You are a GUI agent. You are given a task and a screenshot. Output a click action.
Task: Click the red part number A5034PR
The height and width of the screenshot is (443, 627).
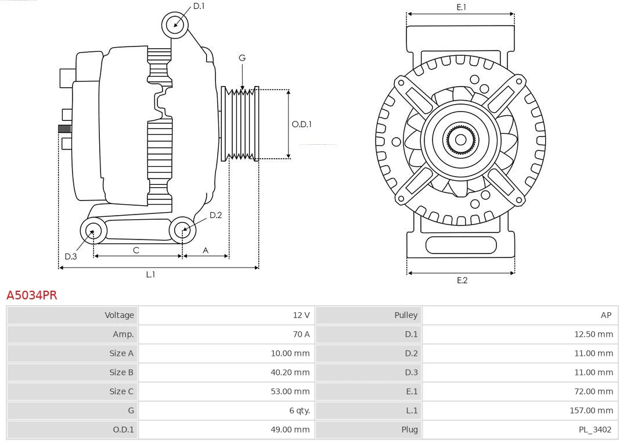click(x=32, y=295)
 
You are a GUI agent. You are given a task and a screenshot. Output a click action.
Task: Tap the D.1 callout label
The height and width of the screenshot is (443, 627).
click(x=199, y=6)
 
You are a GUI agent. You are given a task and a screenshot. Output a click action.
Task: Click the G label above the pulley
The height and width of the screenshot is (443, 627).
click(x=242, y=58)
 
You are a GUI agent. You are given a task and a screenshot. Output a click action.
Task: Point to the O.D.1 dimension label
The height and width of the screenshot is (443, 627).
click(x=301, y=124)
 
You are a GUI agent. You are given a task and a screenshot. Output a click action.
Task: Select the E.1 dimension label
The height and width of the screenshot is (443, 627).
click(x=461, y=7)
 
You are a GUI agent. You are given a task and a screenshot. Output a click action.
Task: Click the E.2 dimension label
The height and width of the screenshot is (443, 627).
click(x=462, y=280)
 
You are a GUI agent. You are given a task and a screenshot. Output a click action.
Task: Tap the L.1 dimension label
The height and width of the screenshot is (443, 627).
click(x=150, y=274)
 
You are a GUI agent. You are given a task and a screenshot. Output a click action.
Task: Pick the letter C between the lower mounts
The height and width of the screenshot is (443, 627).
click(x=136, y=250)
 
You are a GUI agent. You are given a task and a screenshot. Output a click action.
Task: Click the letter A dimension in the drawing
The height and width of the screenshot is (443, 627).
click(x=206, y=250)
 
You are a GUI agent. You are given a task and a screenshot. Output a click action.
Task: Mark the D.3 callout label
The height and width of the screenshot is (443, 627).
click(x=70, y=256)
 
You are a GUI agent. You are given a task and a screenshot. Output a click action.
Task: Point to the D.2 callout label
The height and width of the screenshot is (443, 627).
click(x=215, y=215)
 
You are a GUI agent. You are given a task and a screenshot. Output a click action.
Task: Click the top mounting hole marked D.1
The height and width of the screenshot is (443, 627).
click(x=175, y=24)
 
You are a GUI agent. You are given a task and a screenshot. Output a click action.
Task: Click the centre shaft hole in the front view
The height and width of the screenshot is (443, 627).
click(x=460, y=140)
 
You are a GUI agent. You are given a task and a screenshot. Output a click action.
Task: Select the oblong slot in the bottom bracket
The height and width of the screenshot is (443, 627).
click(x=461, y=245)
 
